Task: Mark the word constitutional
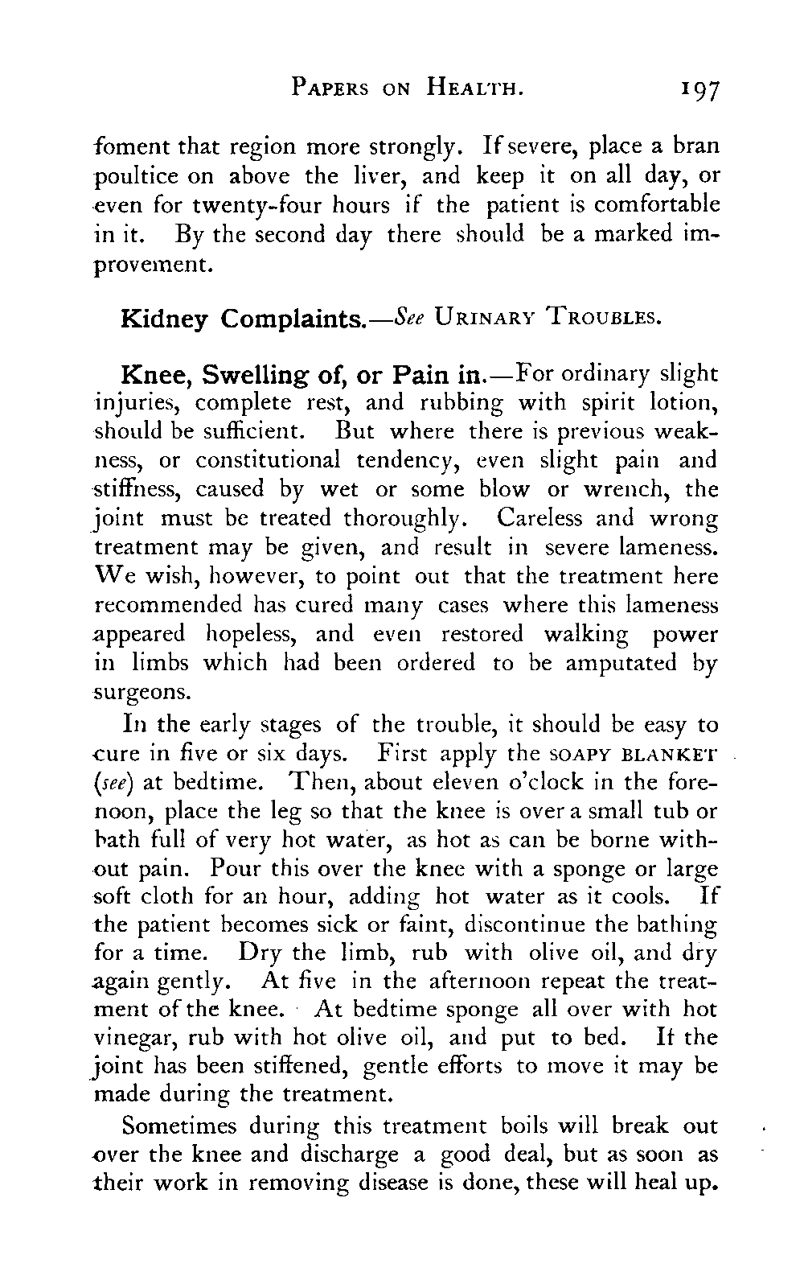coord(268,460)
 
